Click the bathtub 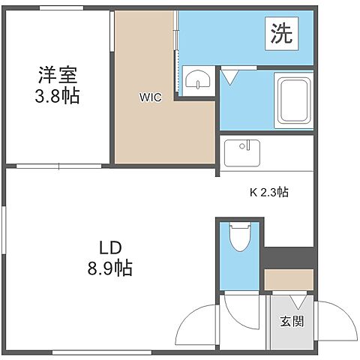tap(294, 100)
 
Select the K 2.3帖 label tap(268, 192)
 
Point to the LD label tap(112, 247)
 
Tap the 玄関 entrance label tap(292, 322)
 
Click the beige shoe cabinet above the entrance tap(289, 279)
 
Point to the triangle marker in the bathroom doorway tap(229, 75)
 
